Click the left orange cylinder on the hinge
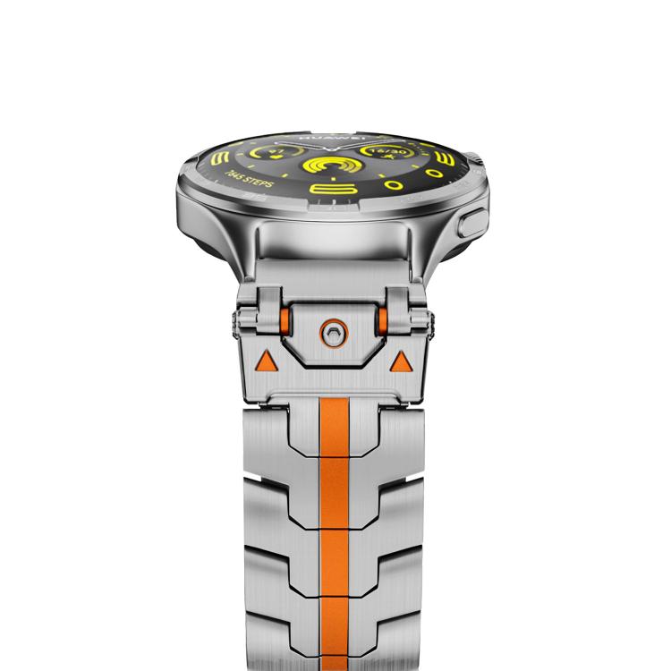(285, 321)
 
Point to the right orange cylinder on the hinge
(381, 321)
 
